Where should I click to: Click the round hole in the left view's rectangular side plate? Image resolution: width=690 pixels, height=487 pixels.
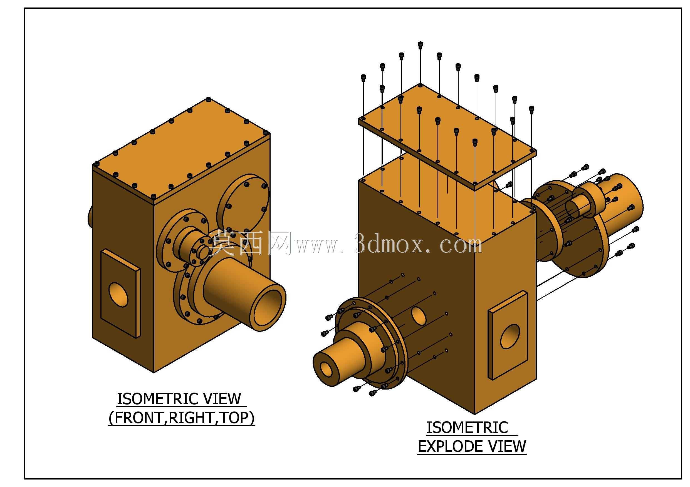coord(118,292)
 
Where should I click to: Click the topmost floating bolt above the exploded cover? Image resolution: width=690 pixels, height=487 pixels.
coord(420,45)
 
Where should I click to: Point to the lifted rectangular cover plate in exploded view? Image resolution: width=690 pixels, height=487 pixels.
coord(447,137)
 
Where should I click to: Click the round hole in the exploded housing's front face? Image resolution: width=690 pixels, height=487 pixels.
coord(419,315)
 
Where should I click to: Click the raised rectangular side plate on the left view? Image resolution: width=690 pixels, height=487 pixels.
coord(120,293)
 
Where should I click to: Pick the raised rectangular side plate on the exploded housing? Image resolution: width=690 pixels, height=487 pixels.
coord(508,335)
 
